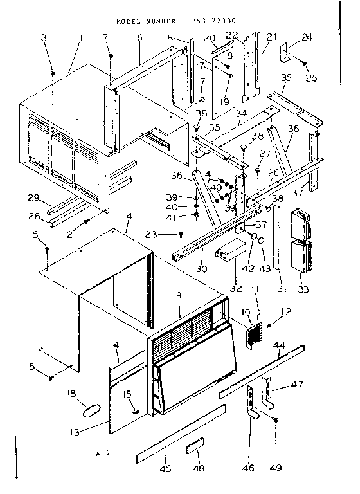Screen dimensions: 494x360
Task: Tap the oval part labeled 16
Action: pyautogui.click(x=93, y=410)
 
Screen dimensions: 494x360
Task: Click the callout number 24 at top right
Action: pyautogui.click(x=307, y=37)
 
